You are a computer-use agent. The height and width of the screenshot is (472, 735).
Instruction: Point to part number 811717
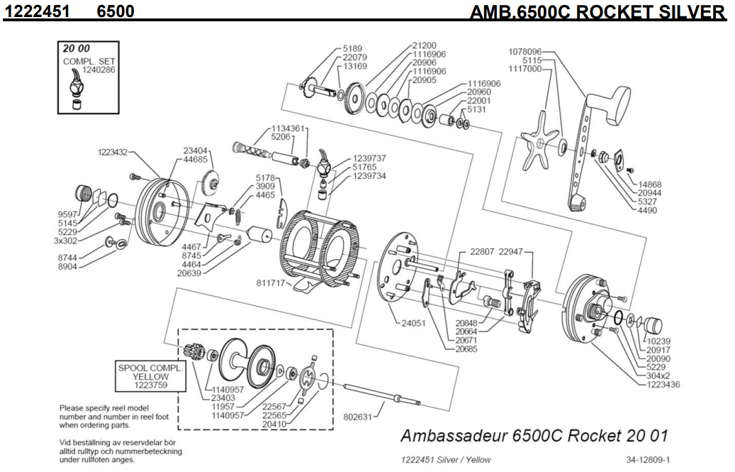[x=270, y=282]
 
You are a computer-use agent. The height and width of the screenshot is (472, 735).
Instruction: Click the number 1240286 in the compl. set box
[x=79, y=70]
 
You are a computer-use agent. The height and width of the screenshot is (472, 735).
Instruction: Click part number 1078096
[x=525, y=52]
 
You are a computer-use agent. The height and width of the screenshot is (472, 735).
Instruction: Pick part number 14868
[x=649, y=183]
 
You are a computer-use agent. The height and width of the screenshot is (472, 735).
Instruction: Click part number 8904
[x=67, y=268]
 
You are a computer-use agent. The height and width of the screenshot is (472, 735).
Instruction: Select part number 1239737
[x=369, y=158]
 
